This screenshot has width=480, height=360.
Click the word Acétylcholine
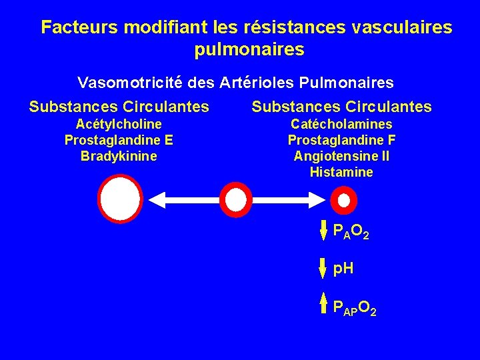(119, 124)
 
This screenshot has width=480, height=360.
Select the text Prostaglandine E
(119, 140)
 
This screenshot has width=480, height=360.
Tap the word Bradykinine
(119, 156)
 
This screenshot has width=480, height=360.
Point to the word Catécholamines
(341, 124)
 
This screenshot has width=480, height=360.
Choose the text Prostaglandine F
(341, 140)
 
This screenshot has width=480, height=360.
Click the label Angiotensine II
(341, 156)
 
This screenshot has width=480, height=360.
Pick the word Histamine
(341, 172)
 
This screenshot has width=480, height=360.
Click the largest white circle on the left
(120, 199)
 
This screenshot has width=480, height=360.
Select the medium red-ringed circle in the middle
(235, 199)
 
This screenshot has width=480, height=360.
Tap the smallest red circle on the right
(343, 199)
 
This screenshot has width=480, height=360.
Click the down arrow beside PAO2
(324, 230)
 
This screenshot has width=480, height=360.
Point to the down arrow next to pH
(324, 268)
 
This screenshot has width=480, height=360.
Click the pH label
(343, 269)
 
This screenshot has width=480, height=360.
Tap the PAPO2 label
(355, 308)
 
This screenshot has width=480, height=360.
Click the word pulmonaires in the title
(249, 49)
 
